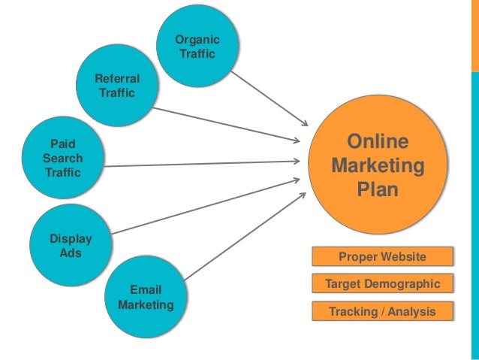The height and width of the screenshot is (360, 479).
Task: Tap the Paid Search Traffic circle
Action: (x=62, y=158)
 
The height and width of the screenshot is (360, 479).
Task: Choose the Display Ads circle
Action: (x=71, y=246)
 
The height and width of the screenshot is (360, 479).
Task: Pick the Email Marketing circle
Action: (x=146, y=298)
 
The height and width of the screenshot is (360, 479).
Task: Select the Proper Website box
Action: (x=382, y=258)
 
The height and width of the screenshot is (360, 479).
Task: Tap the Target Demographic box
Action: (x=382, y=284)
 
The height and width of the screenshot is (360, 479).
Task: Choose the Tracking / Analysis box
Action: (x=382, y=311)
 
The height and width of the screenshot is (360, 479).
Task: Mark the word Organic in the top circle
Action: (x=197, y=40)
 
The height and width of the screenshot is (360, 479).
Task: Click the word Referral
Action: (x=116, y=79)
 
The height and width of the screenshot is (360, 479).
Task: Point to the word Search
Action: (x=63, y=158)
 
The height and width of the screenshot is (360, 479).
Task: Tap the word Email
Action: (x=146, y=290)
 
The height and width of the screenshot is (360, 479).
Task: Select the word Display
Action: (x=71, y=239)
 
